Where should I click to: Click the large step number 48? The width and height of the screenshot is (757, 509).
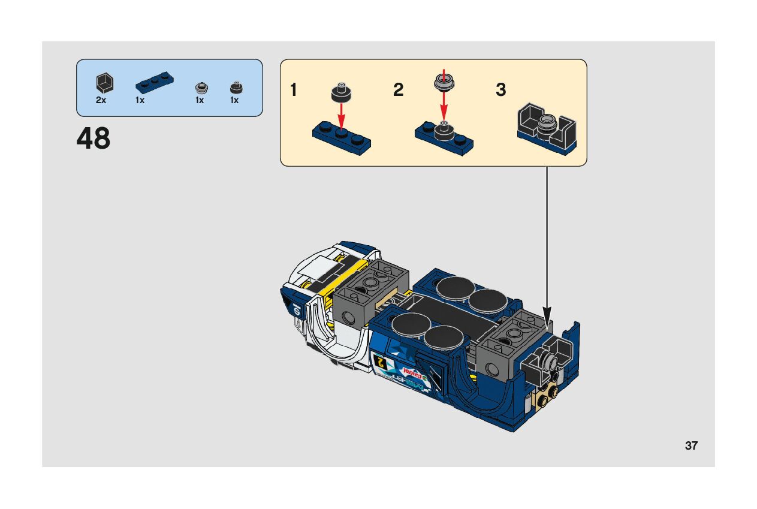coord(94,139)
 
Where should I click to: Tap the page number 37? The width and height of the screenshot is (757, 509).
coord(691,446)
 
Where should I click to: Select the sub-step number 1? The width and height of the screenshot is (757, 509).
coord(293,91)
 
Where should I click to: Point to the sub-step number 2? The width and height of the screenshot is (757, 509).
coord(399,91)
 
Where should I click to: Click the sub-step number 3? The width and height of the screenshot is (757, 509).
coord(501,91)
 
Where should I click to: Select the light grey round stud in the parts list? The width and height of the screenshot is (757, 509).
coord(201,88)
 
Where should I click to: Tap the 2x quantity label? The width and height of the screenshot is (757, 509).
coord(101,101)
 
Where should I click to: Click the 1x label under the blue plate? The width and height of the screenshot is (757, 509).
coord(140,101)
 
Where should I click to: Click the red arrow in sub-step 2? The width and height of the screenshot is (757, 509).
coord(444,102)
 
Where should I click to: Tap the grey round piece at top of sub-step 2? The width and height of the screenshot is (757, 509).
coord(444,81)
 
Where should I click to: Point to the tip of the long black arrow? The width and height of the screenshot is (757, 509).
coord(547,316)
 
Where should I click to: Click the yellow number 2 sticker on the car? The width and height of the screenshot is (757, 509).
coord(379,361)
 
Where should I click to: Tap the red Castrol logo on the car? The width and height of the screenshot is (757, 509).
coord(414,374)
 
